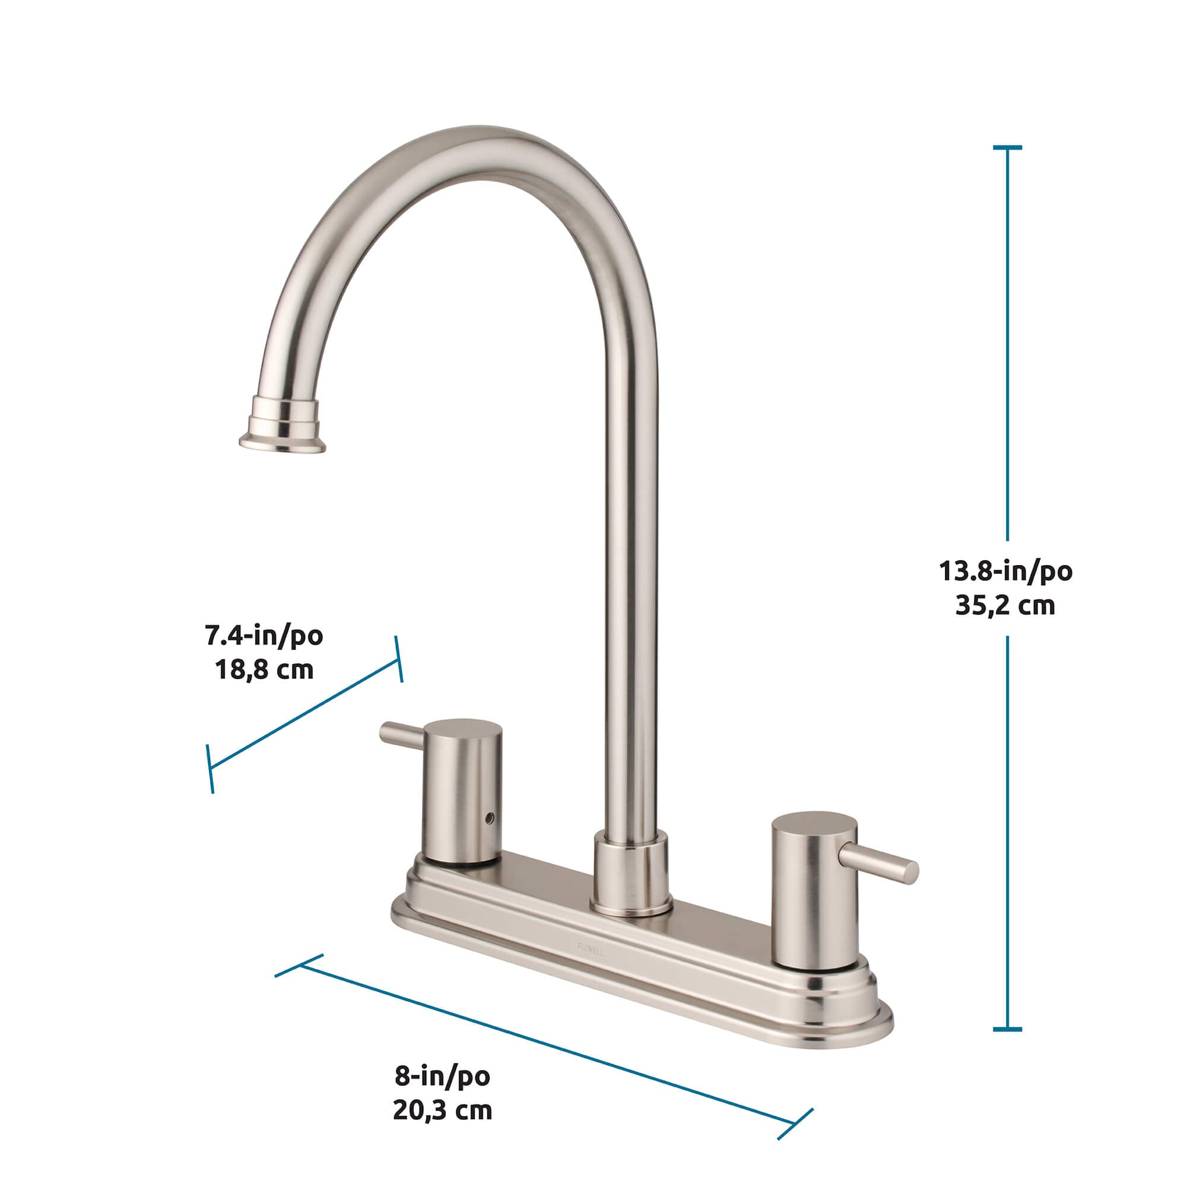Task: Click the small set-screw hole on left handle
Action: [x=489, y=818]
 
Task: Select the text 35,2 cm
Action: [x=1005, y=605]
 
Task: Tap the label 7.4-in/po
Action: [x=264, y=636]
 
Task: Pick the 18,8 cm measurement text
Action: [x=264, y=669]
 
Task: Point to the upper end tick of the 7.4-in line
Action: [x=398, y=659]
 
